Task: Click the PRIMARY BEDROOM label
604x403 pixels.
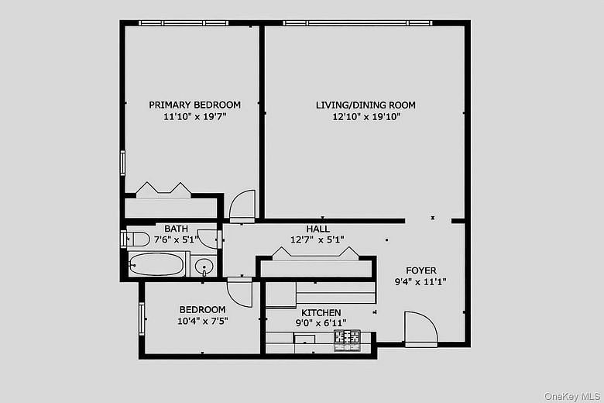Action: [194, 105]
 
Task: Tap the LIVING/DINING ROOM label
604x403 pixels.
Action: [365, 105]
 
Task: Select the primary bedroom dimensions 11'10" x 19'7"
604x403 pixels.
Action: [194, 117]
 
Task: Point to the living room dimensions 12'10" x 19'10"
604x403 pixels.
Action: [366, 117]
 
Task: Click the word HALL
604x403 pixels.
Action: [317, 229]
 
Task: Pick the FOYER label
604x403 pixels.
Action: [420, 270]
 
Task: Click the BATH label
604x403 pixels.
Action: [176, 229]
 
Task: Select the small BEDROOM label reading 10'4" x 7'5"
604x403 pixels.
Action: [202, 309]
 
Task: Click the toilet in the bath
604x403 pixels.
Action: [136, 239]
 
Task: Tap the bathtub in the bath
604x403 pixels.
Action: [156, 265]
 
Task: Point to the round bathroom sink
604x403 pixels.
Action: [204, 267]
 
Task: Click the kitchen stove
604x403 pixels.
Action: [347, 337]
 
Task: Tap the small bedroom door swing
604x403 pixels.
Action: [239, 291]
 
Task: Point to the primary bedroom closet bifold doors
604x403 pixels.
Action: [163, 190]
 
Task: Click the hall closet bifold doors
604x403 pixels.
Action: [314, 253]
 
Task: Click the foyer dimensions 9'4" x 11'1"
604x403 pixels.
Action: [420, 283]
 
